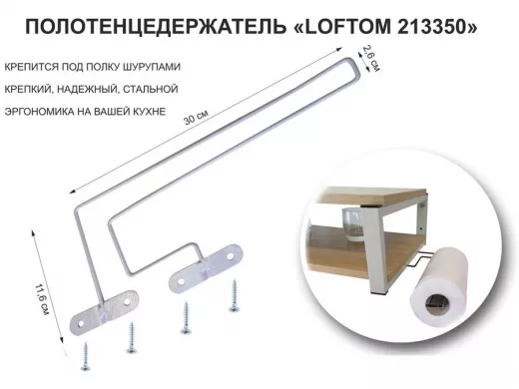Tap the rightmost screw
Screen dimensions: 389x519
(236, 294)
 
